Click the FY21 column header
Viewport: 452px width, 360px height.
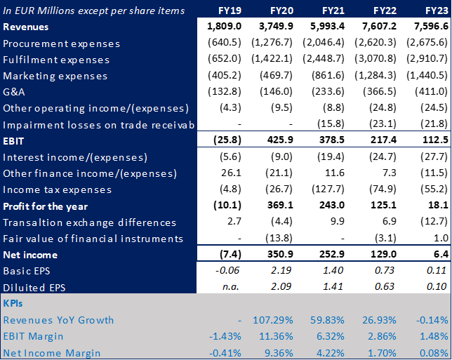point(334,11)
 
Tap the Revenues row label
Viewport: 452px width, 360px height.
point(26,27)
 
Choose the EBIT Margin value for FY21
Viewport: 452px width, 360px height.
point(329,336)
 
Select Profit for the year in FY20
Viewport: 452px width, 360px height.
point(279,206)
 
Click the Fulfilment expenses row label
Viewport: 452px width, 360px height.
point(56,60)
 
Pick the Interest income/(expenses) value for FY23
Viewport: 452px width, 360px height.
point(432,157)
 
